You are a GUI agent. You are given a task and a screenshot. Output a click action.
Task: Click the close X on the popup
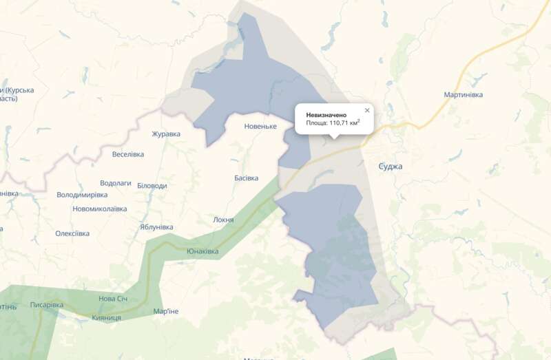[x=367, y=110]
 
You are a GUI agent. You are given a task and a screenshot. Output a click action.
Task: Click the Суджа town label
[x=391, y=167]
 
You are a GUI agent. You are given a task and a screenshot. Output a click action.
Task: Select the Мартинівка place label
[x=464, y=94]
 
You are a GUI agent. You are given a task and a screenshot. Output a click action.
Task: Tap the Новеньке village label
[x=260, y=127]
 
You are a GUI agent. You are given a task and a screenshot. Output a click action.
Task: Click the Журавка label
[x=166, y=134]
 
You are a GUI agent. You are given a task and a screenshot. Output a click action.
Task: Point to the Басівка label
[x=246, y=178]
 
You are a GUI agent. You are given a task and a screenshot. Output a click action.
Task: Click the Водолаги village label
[x=115, y=184]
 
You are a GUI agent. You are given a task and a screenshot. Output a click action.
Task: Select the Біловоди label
[x=152, y=186]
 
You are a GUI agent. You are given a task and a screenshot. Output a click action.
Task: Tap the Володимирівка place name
[x=82, y=195]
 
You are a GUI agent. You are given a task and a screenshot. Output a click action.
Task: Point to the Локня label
[x=224, y=220]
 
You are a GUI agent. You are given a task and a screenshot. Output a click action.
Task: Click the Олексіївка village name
[x=72, y=233]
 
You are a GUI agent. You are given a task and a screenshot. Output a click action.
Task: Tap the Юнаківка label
[x=202, y=251]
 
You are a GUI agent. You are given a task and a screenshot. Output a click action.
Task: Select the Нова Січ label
[x=113, y=299]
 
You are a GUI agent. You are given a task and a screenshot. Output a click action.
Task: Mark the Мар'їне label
[x=166, y=312]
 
